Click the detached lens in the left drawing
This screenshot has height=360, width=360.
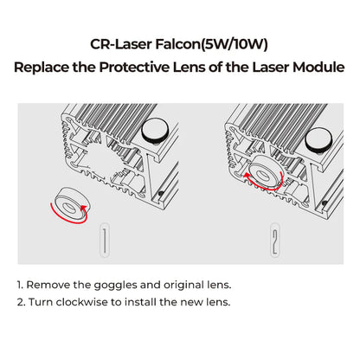67,200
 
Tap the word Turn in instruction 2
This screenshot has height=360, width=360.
42,303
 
